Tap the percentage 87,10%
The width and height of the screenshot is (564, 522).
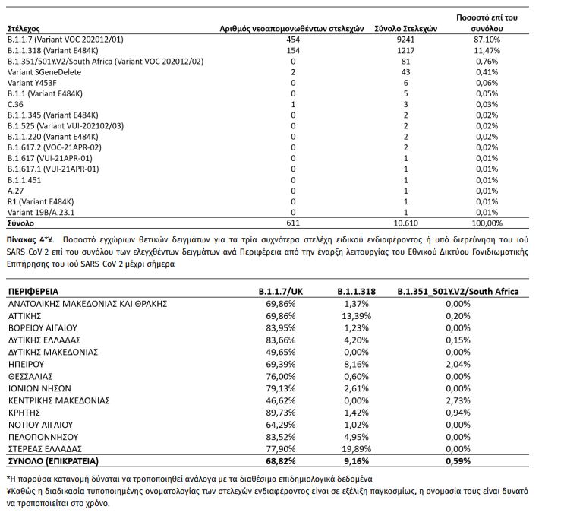click(488, 37)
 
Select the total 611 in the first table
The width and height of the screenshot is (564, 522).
click(292, 223)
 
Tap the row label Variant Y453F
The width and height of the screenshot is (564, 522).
click(34, 81)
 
